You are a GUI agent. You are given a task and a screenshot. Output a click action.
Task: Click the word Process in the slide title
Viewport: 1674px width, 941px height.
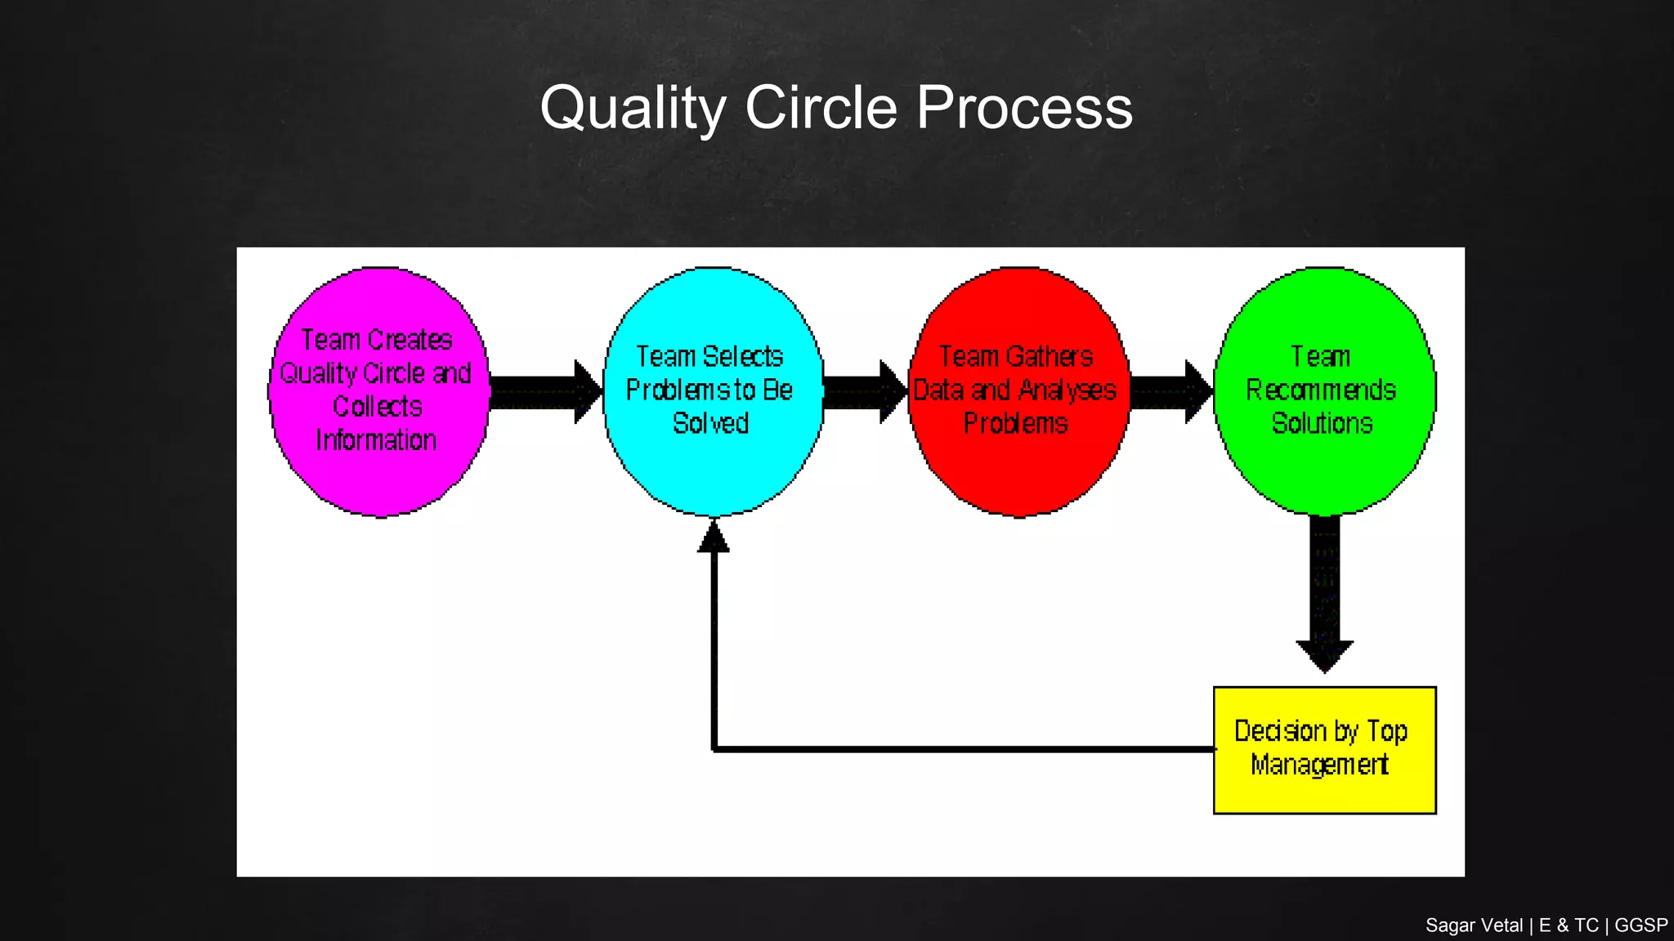tap(1024, 108)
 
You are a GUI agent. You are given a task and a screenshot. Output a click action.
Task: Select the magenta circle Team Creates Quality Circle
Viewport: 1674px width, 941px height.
tap(379, 482)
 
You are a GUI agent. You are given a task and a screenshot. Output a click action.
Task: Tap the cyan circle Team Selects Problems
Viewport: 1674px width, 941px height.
tap(713, 474)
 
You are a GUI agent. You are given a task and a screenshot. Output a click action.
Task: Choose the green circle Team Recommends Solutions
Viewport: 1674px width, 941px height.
tap(1324, 474)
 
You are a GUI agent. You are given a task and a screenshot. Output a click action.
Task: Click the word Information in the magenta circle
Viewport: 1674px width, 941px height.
tap(376, 440)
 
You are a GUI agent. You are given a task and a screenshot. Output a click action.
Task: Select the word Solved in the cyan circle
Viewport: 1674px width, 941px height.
tap(710, 423)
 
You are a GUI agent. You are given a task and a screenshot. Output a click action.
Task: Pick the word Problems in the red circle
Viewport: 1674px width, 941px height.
tap(1015, 423)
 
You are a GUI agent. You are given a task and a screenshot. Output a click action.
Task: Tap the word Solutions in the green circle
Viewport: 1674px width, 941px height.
tap(1322, 423)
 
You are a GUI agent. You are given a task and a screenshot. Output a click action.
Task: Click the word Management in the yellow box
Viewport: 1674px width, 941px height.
tap(1319, 765)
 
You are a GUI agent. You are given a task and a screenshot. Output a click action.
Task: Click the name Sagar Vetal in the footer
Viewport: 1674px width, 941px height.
tap(1474, 925)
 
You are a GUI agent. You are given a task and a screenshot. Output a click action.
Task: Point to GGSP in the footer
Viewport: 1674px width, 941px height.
tap(1640, 925)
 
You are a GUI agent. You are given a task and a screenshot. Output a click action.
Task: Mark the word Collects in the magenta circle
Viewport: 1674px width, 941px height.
tap(378, 407)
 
